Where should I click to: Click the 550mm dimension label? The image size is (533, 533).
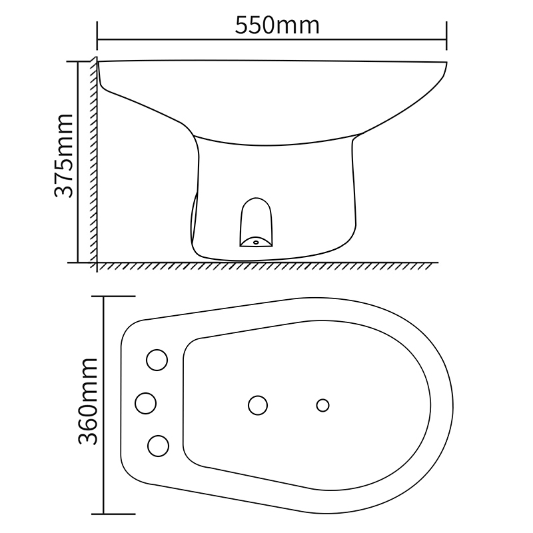pyautogui.click(x=277, y=25)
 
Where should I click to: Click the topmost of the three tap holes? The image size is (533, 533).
pyautogui.click(x=157, y=360)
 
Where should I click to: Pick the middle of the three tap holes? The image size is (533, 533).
pyautogui.click(x=146, y=402)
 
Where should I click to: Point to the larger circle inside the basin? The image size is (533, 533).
pyautogui.click(x=258, y=404)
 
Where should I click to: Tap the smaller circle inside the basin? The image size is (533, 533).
pyautogui.click(x=323, y=404)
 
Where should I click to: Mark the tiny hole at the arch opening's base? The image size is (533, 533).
pyautogui.click(x=255, y=242)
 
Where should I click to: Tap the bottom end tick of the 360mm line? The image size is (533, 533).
pyautogui.click(x=104, y=514)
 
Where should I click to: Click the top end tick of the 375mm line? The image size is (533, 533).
pyautogui.click(x=79, y=60)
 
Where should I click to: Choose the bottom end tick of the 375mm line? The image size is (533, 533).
pyautogui.click(x=79, y=262)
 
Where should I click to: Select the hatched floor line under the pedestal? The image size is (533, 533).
pyautogui.click(x=266, y=265)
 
